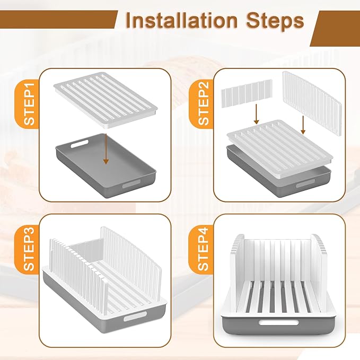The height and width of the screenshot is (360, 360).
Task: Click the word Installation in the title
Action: [x=182, y=21]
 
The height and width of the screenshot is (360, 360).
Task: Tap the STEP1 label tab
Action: [x=29, y=104]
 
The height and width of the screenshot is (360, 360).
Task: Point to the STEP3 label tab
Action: [x=29, y=249]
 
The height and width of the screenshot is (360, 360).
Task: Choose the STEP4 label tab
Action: [x=203, y=249]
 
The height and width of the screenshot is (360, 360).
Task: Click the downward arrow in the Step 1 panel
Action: [x=106, y=149]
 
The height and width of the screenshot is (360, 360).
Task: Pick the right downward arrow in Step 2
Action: [x=303, y=125]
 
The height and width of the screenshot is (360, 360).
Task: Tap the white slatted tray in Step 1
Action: [x=106, y=100]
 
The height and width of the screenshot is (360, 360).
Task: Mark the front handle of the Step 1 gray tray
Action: [x=131, y=184]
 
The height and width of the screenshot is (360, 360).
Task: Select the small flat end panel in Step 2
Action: [x=247, y=94]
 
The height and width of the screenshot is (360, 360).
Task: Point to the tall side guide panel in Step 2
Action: [x=312, y=104]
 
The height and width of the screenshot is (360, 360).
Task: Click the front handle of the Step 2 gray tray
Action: [x=305, y=184]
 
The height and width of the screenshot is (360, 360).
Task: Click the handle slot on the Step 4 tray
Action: [x=278, y=322]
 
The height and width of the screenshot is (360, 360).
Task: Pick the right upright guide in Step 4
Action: [x=320, y=271]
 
